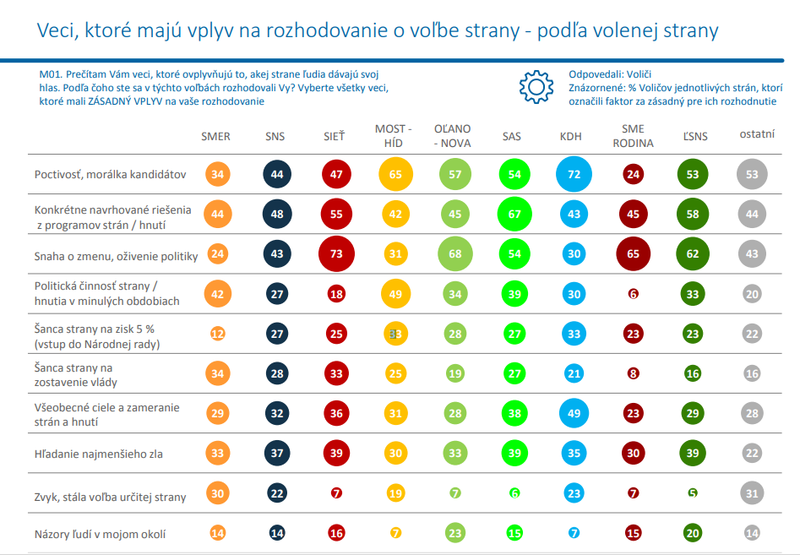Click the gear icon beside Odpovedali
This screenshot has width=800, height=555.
pyautogui.click(x=535, y=87)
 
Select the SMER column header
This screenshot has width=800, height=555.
pyautogui.click(x=215, y=136)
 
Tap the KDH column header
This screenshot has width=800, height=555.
pyautogui.click(x=574, y=136)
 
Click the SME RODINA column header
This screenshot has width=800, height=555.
pyautogui.click(x=632, y=136)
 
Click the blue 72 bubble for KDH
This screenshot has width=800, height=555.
pyautogui.click(x=574, y=175)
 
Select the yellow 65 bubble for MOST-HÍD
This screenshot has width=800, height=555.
pyautogui.click(x=395, y=175)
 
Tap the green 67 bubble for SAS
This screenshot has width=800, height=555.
pyautogui.click(x=513, y=215)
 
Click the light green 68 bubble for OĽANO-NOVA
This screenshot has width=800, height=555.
pyautogui.click(x=454, y=253)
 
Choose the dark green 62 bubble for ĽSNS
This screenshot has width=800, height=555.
pyautogui.click(x=692, y=253)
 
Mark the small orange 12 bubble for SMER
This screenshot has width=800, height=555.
pyautogui.click(x=217, y=334)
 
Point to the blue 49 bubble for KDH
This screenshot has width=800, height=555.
pyautogui.click(x=574, y=413)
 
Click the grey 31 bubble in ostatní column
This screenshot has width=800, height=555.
pyautogui.click(x=751, y=493)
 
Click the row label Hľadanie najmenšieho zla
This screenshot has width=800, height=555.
pyautogui.click(x=99, y=454)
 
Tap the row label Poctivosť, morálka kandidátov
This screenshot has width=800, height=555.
pyautogui.click(x=110, y=175)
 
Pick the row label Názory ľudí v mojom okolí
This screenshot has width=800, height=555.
pyautogui.click(x=100, y=533)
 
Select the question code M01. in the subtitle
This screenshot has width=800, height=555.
pyautogui.click(x=52, y=73)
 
